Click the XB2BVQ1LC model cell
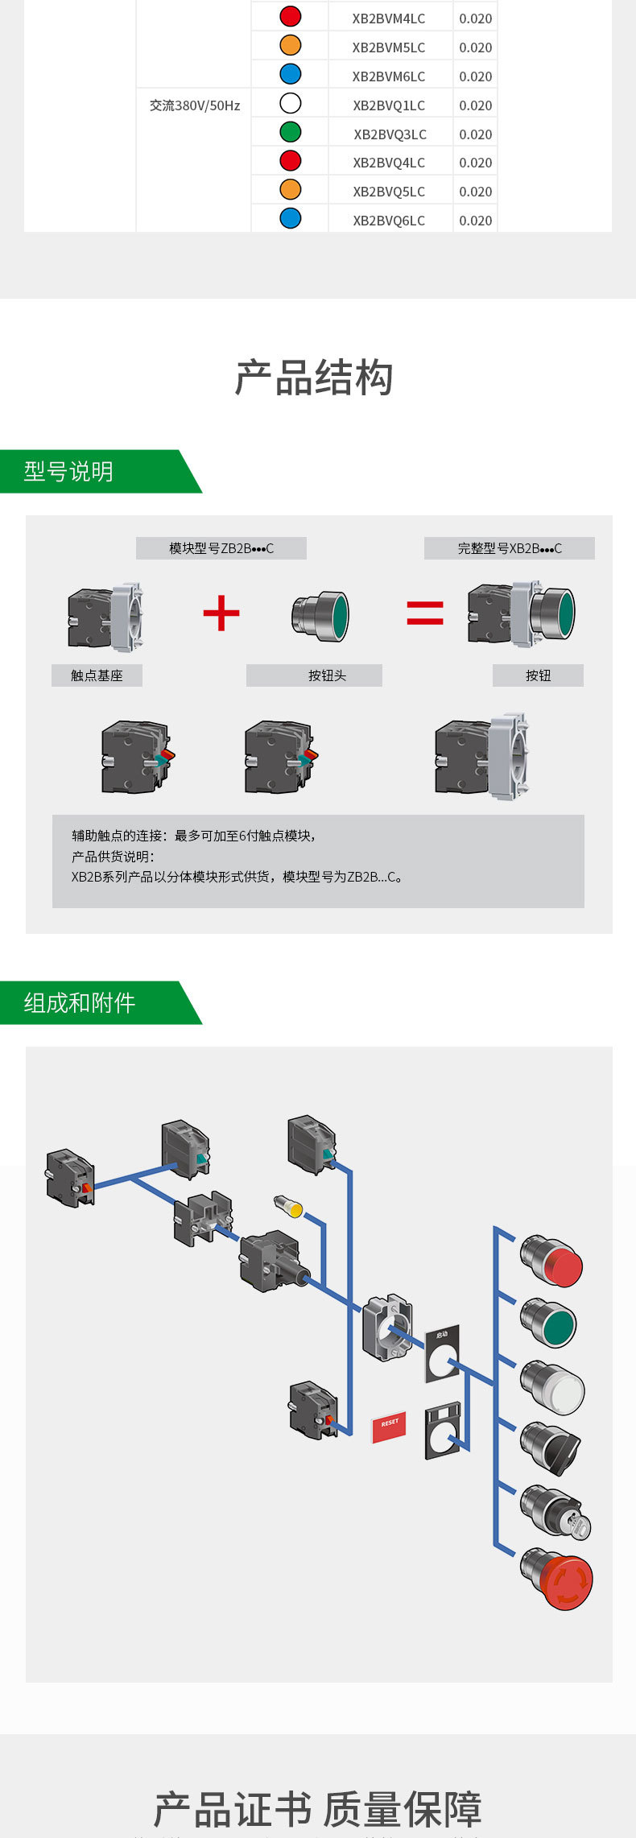(x=389, y=105)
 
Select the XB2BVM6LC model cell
(x=389, y=76)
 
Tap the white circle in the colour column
(x=290, y=103)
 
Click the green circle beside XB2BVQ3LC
(x=290, y=132)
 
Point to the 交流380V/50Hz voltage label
(x=195, y=105)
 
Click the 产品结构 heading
(x=314, y=378)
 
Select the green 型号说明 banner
(x=89, y=472)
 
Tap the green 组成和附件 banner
(x=89, y=1003)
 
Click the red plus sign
(x=221, y=614)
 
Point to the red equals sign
(x=425, y=613)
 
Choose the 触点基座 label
(x=97, y=675)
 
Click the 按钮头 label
(x=327, y=675)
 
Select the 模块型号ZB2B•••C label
(x=221, y=548)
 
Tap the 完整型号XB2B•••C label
(x=510, y=548)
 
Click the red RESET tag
(x=389, y=1427)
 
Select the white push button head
(x=553, y=1387)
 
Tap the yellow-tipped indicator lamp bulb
(x=289, y=1207)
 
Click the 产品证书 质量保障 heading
(x=318, y=1809)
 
